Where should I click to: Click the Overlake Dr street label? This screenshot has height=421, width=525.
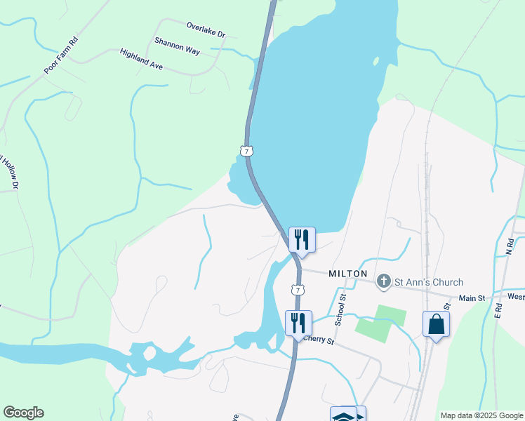pos(206,29)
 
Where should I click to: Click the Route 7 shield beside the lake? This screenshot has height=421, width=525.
pos(245,150)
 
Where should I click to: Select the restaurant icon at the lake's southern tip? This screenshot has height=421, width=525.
pos(302,239)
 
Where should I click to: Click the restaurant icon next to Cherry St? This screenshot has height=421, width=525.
pos(298,323)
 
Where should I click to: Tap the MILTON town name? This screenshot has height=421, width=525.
pos(347,274)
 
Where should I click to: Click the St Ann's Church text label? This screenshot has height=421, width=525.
pos(428,282)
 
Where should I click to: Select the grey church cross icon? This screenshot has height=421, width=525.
pos(383,282)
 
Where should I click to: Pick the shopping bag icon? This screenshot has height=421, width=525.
pos(436,324)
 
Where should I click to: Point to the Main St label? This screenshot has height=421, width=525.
pos(472,298)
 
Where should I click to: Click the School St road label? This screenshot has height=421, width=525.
pos(343,308)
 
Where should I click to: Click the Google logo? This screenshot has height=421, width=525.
pos(23,413)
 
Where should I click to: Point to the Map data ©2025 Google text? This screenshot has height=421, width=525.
pos(481,415)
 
